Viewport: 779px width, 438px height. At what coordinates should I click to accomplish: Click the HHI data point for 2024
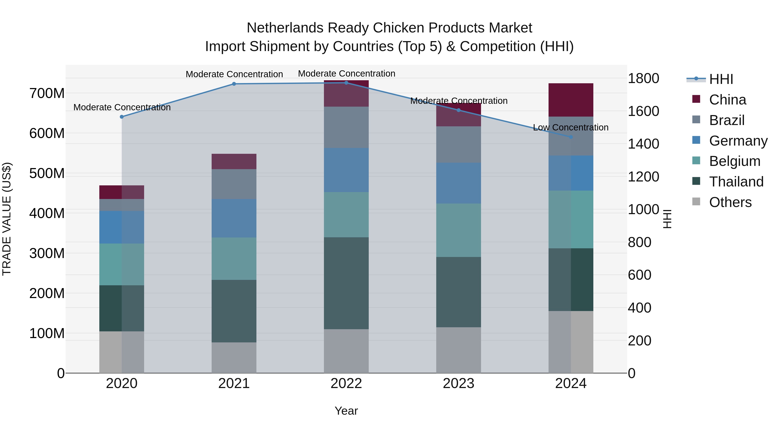(571, 137)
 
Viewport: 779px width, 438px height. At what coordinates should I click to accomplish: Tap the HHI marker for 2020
(122, 117)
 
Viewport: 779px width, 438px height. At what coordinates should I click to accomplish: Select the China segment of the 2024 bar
(571, 100)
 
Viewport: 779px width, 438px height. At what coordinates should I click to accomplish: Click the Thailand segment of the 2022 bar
(346, 283)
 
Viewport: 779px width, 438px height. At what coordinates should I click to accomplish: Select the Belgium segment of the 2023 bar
(459, 230)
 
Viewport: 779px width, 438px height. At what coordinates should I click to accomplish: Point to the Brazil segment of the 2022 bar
(346, 127)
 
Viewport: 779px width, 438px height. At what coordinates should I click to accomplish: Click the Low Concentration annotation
(571, 128)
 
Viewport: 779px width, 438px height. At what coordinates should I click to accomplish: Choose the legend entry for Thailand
(736, 182)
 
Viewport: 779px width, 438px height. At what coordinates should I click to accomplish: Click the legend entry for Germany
(738, 141)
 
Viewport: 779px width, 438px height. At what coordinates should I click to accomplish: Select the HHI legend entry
(721, 79)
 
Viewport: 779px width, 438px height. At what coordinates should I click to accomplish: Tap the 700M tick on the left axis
(47, 93)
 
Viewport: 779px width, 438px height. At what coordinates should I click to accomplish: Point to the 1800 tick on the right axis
(644, 79)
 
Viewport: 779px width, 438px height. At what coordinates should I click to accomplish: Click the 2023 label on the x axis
(459, 383)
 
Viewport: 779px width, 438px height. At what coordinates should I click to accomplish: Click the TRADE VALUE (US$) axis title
(7, 219)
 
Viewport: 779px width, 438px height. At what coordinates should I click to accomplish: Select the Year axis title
(346, 411)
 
